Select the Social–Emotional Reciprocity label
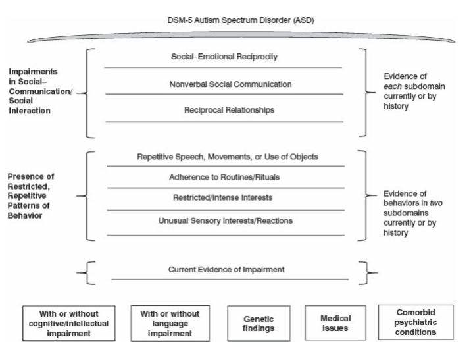point(224,57)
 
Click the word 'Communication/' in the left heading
point(36,93)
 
